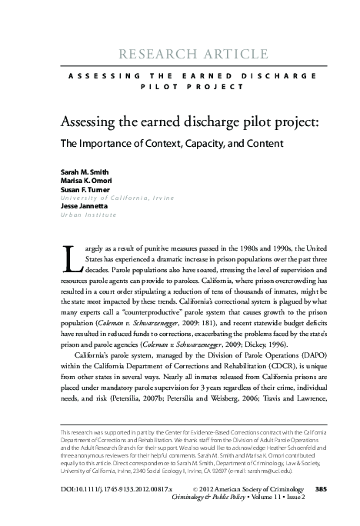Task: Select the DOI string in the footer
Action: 107,467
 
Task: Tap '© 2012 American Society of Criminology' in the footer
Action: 242,467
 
